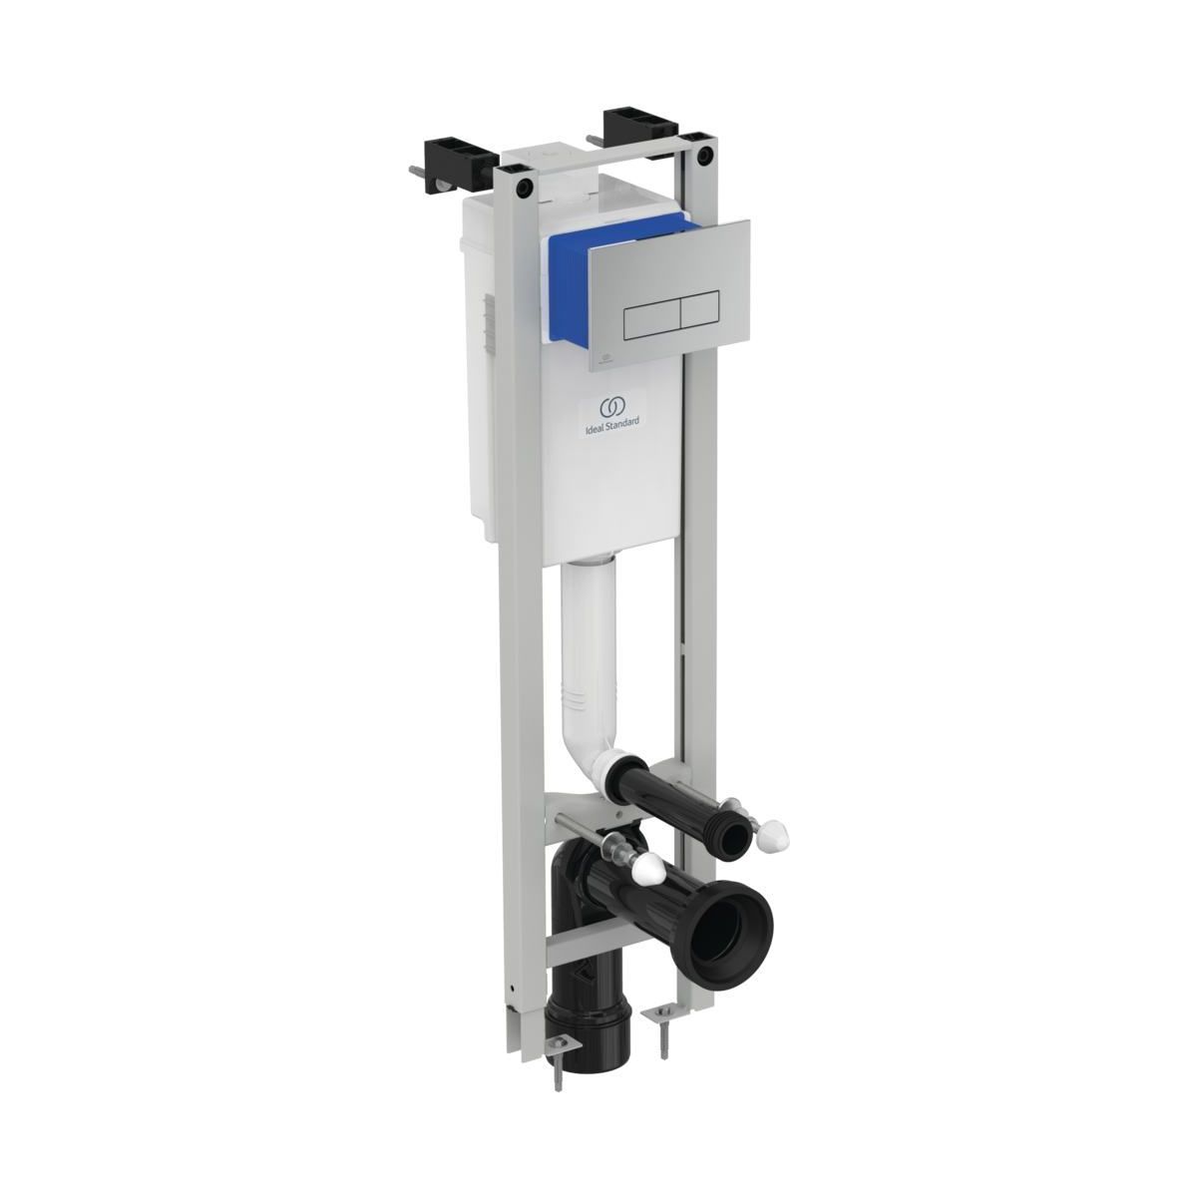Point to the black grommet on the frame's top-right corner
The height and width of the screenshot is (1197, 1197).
pos(703,156)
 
